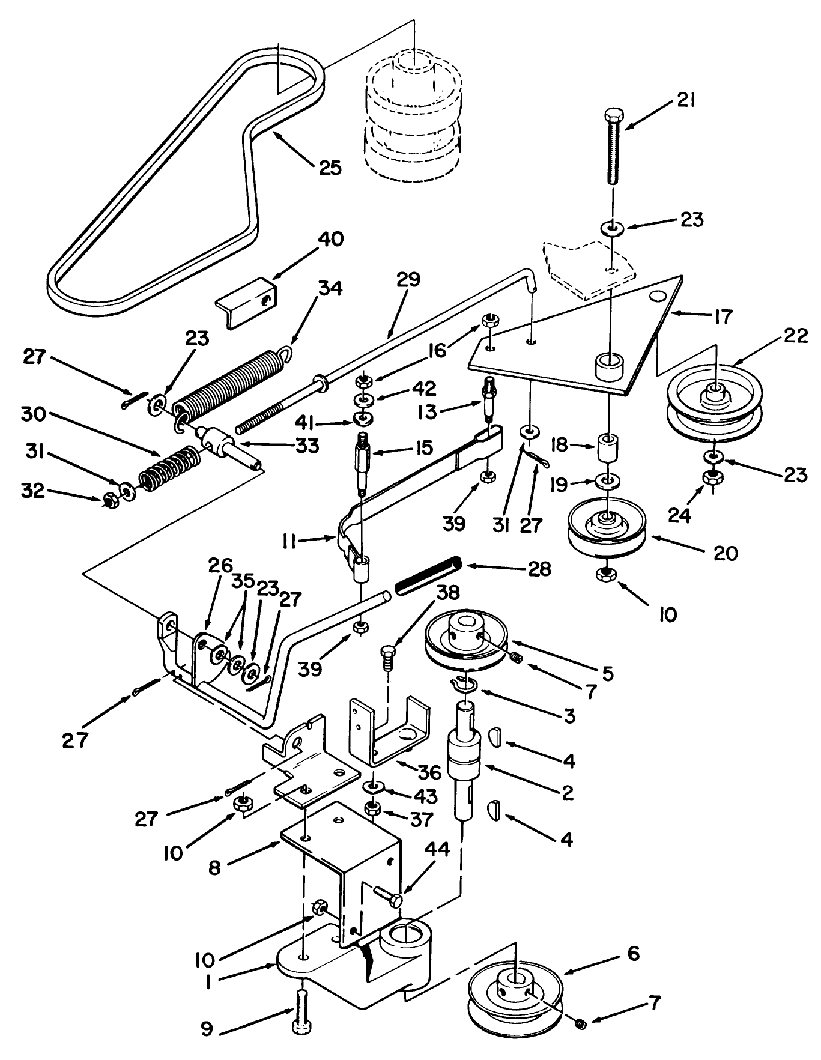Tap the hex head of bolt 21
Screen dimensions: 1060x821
[x=612, y=114]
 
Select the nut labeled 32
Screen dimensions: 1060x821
[x=111, y=499]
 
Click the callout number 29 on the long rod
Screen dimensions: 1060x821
[x=409, y=280]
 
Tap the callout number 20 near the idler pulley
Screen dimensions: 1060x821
[x=724, y=553]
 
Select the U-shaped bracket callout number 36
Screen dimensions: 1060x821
[x=446, y=772]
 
